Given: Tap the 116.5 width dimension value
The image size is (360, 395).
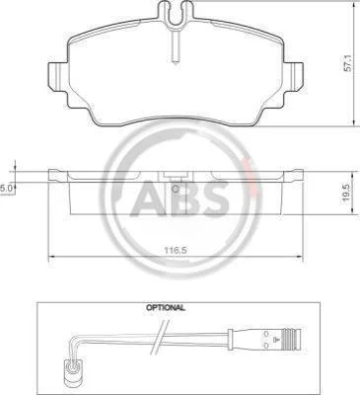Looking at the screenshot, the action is (176, 250).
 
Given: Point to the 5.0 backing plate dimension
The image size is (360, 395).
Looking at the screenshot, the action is (6, 188).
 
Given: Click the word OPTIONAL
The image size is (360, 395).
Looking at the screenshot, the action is (166, 308).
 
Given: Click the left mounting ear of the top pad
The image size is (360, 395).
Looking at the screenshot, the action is (58, 76).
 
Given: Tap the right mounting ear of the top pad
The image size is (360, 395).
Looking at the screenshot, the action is (293, 76).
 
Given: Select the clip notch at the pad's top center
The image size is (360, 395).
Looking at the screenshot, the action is (176, 12).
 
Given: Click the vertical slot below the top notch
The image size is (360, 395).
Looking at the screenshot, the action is (176, 44).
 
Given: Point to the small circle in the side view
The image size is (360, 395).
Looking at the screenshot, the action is (176, 190).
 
